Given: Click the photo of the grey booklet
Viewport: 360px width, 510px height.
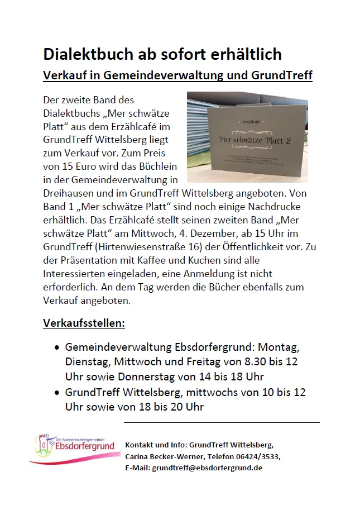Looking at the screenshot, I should (x=247, y=137).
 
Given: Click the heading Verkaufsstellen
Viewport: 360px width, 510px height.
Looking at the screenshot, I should (x=84, y=324).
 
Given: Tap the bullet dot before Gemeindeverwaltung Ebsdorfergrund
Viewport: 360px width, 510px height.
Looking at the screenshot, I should (x=57, y=347).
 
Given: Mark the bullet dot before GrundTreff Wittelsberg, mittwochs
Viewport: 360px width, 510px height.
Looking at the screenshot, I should (x=57, y=394).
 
